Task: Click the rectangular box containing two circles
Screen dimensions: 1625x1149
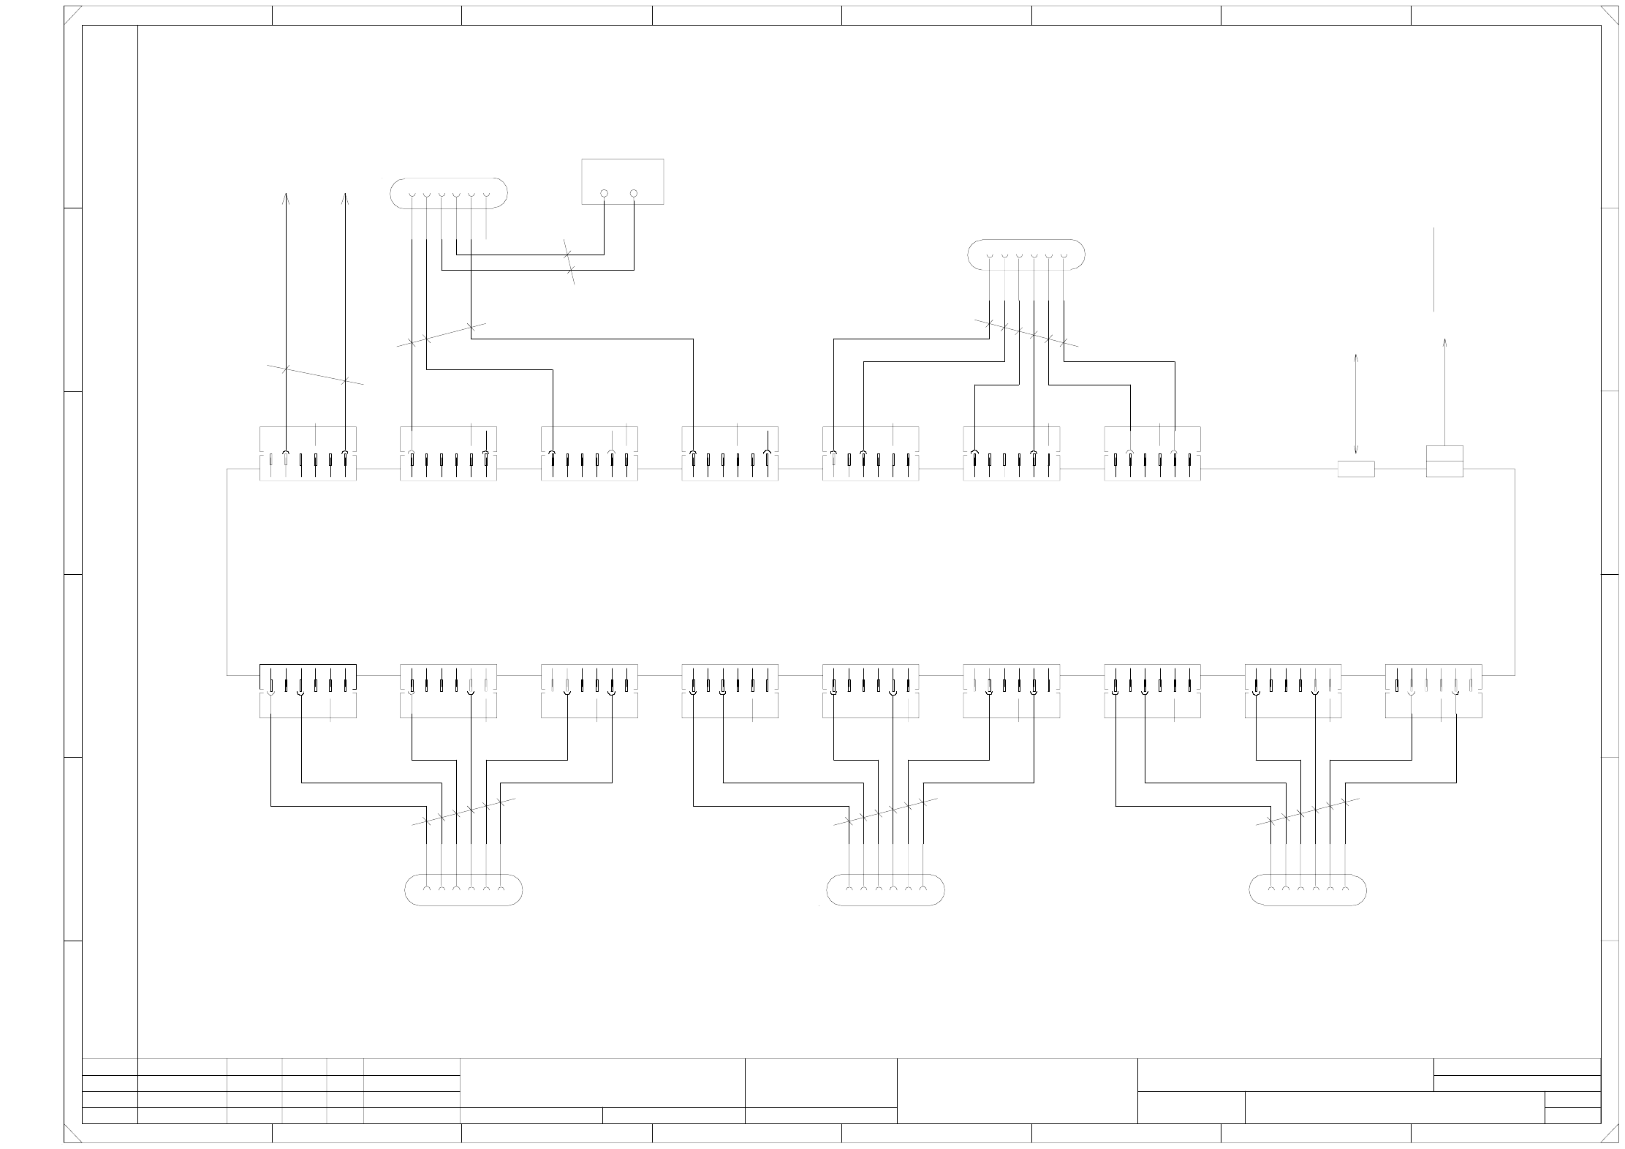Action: point(622,181)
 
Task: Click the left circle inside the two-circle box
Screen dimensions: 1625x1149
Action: point(604,193)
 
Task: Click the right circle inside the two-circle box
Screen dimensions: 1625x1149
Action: point(633,193)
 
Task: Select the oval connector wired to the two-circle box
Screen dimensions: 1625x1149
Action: point(448,193)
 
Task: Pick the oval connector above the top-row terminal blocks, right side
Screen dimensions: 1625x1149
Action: point(1026,255)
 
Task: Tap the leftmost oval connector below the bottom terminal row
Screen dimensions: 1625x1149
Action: point(463,890)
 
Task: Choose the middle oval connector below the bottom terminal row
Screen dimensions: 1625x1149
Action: point(885,890)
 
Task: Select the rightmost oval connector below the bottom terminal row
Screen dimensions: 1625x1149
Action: point(1307,890)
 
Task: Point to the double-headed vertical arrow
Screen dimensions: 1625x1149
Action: point(1356,404)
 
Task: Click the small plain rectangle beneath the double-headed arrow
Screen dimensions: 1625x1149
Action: point(1356,469)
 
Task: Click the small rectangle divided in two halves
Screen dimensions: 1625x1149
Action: point(1444,461)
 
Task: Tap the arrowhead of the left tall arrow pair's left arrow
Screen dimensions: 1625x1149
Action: point(286,196)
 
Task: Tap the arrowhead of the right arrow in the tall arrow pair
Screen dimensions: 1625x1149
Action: point(345,196)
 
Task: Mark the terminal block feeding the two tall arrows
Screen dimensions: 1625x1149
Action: point(308,453)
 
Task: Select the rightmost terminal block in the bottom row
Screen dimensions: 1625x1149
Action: point(1433,690)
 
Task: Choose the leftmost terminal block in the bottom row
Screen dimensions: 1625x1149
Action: point(308,690)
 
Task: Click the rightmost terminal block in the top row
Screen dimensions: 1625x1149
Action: point(1152,453)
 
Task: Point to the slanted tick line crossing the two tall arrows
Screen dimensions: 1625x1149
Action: point(315,374)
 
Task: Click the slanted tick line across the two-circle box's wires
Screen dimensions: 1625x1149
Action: point(569,262)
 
